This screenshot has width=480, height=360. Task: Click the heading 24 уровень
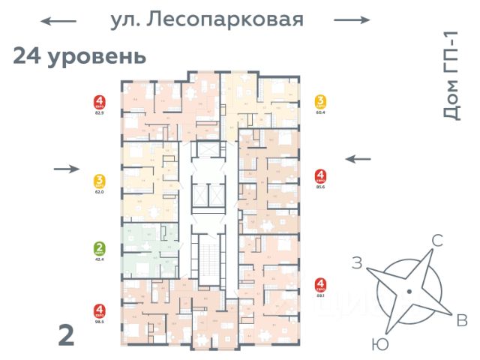pos(79,56)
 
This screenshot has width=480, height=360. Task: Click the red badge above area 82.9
pos(99,101)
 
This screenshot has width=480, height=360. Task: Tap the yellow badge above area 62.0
pos(99,181)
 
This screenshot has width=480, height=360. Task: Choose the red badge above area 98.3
pos(99,310)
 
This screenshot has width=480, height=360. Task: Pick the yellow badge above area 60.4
pos(321,103)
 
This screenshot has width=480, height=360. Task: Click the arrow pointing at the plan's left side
pos(67,169)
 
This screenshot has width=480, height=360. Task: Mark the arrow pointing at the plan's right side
pos(358,158)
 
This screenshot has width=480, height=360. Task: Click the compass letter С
pos(437,241)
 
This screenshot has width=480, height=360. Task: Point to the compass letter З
pos(358,262)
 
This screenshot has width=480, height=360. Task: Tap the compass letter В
pos(463,321)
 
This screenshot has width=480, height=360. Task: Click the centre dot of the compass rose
pos(409,290)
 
